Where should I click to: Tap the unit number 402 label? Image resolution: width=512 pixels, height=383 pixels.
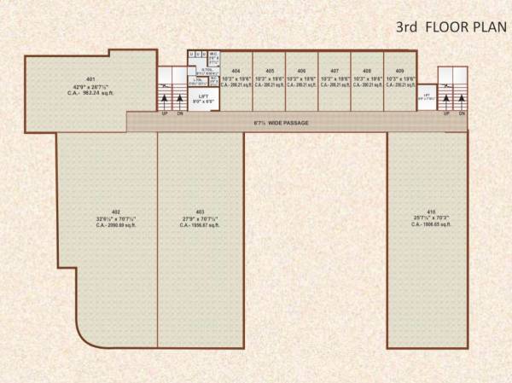115,212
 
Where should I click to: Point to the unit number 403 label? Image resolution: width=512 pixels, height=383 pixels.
200,212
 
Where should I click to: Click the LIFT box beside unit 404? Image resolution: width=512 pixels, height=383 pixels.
203,99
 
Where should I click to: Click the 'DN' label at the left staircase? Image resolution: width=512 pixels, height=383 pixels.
180,112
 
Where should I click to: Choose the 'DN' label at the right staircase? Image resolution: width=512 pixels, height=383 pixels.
461,112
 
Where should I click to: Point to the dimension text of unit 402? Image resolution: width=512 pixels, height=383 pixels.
115,218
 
